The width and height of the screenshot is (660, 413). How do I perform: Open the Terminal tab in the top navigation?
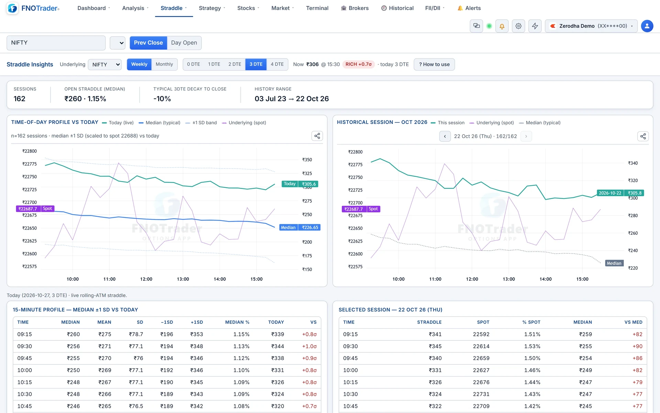pos(317,8)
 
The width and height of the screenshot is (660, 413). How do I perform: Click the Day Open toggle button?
pos(184,43)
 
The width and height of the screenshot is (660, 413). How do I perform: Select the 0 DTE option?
pos(194,64)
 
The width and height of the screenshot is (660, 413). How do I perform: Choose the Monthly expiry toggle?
pos(164,64)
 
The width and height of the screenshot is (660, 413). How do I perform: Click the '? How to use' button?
pos(434,64)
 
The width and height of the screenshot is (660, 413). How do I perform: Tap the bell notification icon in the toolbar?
pos(502,26)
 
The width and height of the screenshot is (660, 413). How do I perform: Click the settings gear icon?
pos(518,26)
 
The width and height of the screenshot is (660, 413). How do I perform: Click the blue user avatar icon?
pos(647,26)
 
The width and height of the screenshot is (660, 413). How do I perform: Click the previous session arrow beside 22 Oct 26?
pos(445,136)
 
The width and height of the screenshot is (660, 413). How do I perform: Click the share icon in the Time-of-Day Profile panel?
pos(317,136)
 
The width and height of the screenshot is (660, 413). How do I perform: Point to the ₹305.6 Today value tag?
pos(308,184)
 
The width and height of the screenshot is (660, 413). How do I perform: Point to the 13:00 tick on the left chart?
pos(183,279)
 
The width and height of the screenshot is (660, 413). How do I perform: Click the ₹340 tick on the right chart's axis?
pos(633,163)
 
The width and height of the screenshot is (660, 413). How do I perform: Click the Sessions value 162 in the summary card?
pos(20,99)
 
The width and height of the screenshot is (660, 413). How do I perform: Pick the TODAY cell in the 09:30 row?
pos(277,346)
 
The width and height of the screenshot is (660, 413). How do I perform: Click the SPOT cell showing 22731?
pos(481,394)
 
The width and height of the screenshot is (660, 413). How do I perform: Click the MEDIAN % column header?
pos(237,322)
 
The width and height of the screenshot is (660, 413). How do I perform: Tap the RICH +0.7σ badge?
pos(359,64)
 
